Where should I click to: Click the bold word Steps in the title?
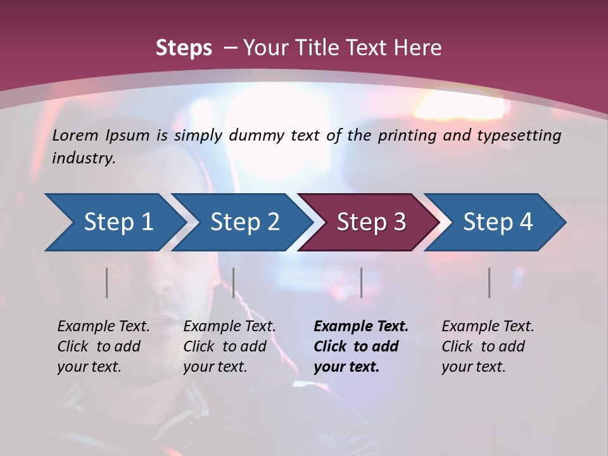(x=184, y=48)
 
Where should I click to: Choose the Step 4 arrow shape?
(x=498, y=222)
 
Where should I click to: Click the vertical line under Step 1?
(x=107, y=282)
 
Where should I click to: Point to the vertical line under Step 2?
(x=234, y=282)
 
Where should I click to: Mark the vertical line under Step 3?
(x=361, y=282)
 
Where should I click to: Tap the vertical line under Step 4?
(x=490, y=282)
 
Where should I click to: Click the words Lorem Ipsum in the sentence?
(x=101, y=136)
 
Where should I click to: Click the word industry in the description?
(x=83, y=158)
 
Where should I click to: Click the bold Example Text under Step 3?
(x=361, y=326)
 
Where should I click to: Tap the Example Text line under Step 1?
(x=103, y=326)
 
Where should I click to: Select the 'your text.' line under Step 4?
(x=473, y=367)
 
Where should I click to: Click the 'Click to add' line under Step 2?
(x=225, y=346)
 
